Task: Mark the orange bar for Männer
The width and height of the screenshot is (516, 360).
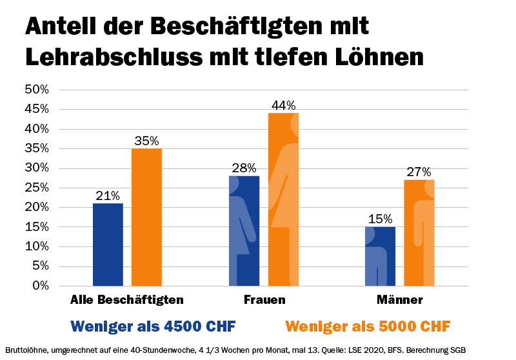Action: pyautogui.click(x=419, y=232)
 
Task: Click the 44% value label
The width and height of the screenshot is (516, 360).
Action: pyautogui.click(x=283, y=105)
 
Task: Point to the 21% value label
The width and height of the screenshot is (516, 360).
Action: pyautogui.click(x=108, y=195)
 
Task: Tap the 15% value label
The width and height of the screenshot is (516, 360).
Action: pyautogui.click(x=381, y=219)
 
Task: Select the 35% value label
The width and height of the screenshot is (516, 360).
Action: pyautogui.click(x=146, y=141)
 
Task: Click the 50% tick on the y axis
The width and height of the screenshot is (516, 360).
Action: pyautogui.click(x=36, y=90)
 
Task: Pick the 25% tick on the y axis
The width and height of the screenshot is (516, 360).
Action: pyautogui.click(x=36, y=188)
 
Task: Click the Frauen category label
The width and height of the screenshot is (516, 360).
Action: pyautogui.click(x=264, y=300)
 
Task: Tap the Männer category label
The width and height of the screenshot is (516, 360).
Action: pyautogui.click(x=400, y=300)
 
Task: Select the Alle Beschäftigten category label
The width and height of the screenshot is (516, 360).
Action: pyautogui.click(x=127, y=300)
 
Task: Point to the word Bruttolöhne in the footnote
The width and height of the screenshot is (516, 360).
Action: pyautogui.click(x=26, y=350)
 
